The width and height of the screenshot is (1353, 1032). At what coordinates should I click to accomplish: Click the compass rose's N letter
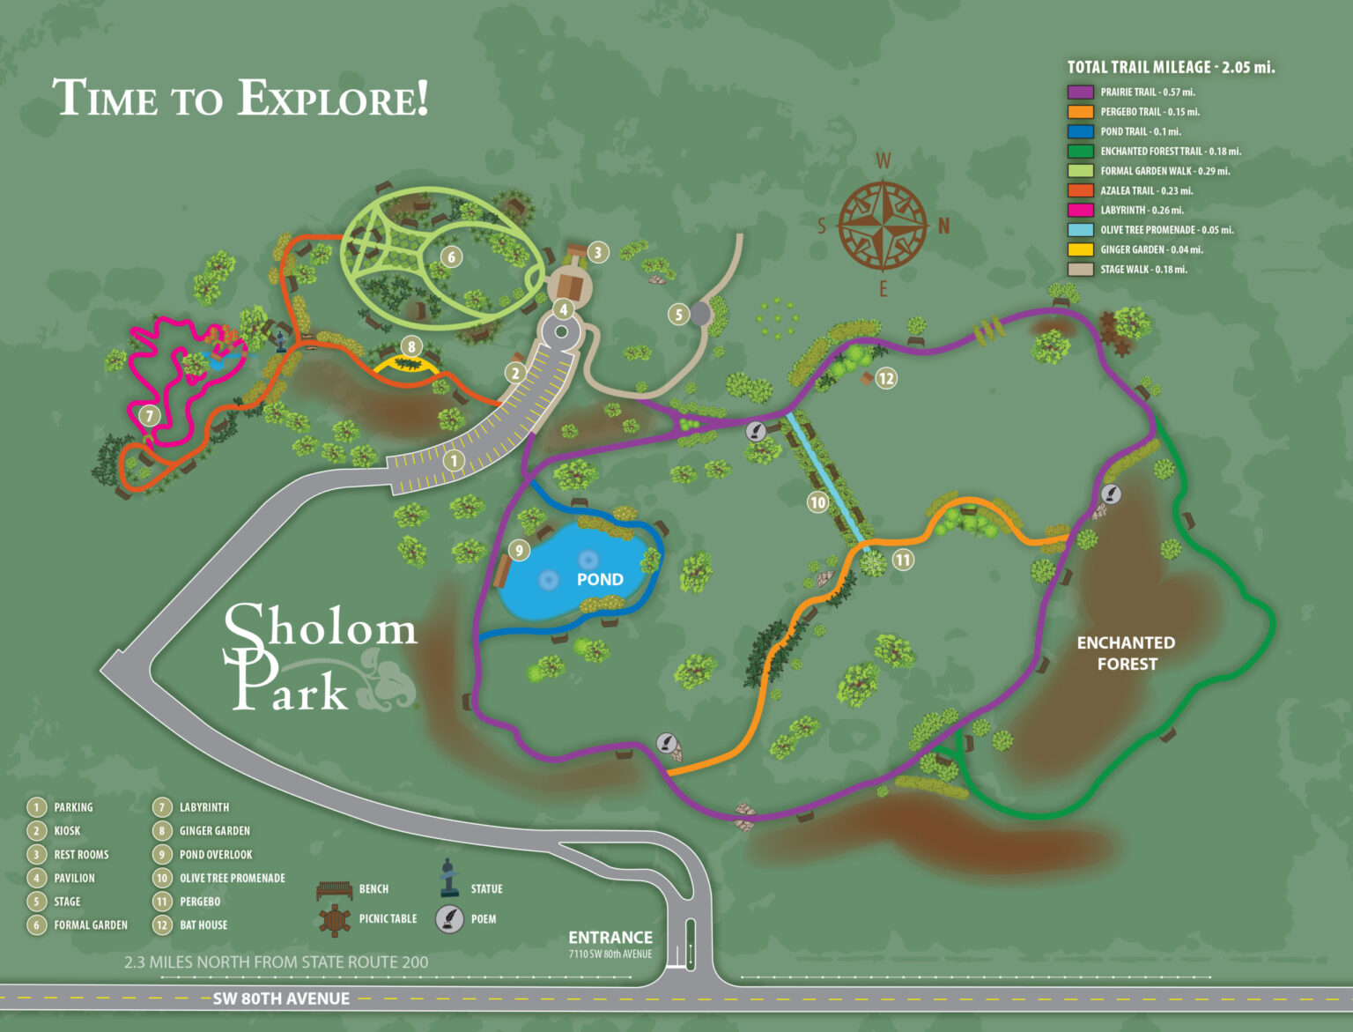tap(943, 226)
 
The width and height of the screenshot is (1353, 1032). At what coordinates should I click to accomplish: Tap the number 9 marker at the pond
tap(519, 551)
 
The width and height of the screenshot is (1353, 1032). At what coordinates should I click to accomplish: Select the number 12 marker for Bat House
tap(886, 379)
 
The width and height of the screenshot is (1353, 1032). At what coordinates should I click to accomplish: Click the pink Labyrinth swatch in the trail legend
tap(1080, 211)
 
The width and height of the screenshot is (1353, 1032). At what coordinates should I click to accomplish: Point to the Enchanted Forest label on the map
tap(1126, 653)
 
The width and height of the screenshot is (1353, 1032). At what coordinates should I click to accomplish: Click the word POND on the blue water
tap(600, 580)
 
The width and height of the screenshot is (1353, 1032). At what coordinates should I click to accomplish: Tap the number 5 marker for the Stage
tap(677, 314)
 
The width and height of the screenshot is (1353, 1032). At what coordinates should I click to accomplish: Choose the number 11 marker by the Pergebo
tap(903, 560)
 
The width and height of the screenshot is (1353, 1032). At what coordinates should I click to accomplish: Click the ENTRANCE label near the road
tap(610, 938)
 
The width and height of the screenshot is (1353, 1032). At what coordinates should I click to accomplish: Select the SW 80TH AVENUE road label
tap(281, 999)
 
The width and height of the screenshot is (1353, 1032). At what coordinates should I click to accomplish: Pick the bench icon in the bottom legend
tap(335, 890)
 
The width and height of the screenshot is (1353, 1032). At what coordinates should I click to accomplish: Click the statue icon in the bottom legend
tap(449, 878)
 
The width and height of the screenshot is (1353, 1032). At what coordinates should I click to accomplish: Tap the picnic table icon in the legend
tap(335, 920)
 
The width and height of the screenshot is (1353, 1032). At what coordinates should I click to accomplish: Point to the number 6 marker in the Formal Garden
tap(451, 257)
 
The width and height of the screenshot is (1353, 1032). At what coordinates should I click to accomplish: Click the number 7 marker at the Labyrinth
tap(150, 416)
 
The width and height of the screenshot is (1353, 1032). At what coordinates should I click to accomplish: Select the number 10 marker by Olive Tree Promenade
tap(818, 502)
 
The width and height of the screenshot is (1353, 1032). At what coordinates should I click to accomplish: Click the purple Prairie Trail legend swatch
tap(1080, 93)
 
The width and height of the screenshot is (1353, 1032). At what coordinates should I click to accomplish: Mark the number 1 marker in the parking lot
tap(454, 460)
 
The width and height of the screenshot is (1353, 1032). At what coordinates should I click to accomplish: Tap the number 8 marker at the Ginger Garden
tap(411, 346)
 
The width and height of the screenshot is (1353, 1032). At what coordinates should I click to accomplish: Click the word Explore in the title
tap(333, 99)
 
